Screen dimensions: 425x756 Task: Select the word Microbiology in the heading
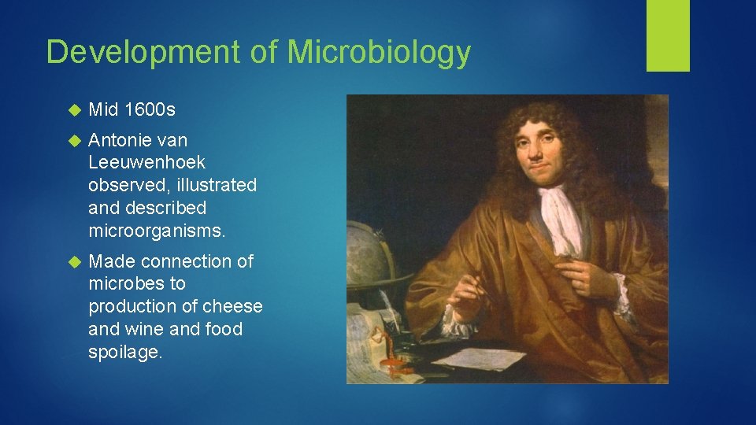379,53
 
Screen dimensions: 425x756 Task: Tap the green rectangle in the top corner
668,35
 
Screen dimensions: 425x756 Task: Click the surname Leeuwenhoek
147,163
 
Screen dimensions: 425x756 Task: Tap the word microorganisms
157,231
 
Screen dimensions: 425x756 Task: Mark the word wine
145,329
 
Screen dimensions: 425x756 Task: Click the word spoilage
125,352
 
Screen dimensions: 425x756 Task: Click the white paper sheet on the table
480,358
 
